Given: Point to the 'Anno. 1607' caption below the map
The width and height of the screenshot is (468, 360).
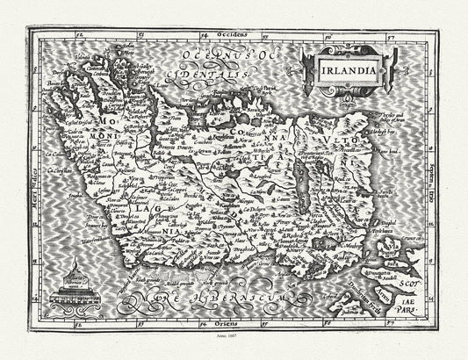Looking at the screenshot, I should (233, 348).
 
